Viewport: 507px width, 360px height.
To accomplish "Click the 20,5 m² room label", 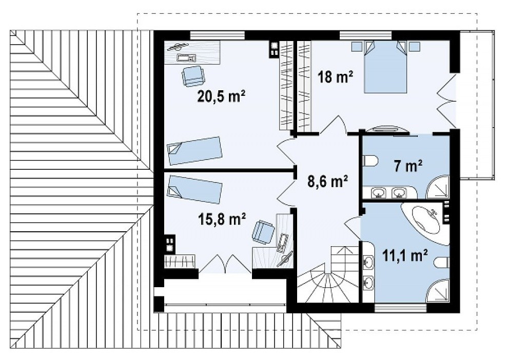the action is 221,96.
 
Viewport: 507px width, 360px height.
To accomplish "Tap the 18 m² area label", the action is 335,77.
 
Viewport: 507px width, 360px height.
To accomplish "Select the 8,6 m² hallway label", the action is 327,182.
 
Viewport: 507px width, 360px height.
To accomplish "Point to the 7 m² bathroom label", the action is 408,166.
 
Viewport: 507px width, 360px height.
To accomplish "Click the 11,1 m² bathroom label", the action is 405,255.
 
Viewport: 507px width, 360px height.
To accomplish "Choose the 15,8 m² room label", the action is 222,219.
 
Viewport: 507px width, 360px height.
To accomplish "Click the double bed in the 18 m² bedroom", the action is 385,67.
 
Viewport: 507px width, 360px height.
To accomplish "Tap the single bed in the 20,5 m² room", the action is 194,151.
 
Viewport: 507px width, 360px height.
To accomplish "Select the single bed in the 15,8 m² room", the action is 194,189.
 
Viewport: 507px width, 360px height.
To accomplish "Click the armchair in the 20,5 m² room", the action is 193,76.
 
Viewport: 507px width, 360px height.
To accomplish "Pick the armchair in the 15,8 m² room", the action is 263,231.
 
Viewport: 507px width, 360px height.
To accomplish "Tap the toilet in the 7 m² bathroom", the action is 371,161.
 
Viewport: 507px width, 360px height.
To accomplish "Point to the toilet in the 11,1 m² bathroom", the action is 442,263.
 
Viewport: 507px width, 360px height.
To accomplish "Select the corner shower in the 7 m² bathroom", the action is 438,187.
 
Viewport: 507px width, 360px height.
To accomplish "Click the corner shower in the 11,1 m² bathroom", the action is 438,291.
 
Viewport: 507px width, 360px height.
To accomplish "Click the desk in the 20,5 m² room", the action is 193,52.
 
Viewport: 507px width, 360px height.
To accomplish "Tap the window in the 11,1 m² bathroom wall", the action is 400,308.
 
